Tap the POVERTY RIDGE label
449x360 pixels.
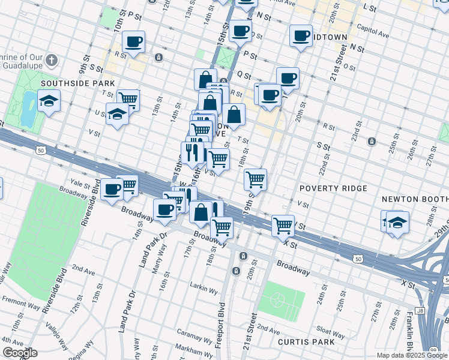(x=333, y=188)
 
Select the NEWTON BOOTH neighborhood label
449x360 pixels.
(x=414, y=199)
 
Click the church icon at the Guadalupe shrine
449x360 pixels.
(x=52, y=61)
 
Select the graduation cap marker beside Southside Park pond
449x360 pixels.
(x=49, y=100)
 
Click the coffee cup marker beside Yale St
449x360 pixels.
(x=112, y=190)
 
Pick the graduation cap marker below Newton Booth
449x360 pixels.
(x=397, y=222)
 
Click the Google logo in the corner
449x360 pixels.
(x=19, y=352)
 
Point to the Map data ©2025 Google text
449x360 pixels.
(x=412, y=355)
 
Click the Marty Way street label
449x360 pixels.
(x=155, y=263)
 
